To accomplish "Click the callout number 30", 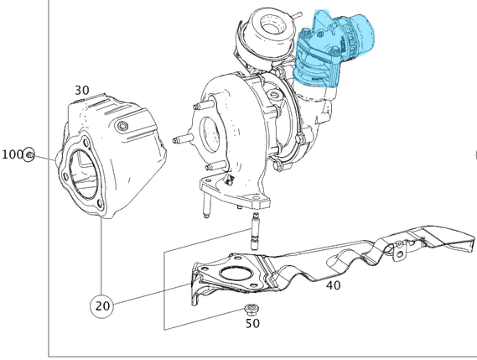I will [x=81, y=90].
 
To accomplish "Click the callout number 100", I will [x=12, y=154].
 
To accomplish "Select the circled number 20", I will [x=102, y=306].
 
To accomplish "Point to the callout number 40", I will [x=333, y=285].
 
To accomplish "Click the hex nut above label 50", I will [x=251, y=310].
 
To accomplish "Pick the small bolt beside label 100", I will [x=29, y=155].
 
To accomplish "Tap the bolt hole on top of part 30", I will [x=123, y=126].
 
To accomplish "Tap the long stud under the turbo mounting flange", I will [x=203, y=206].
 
